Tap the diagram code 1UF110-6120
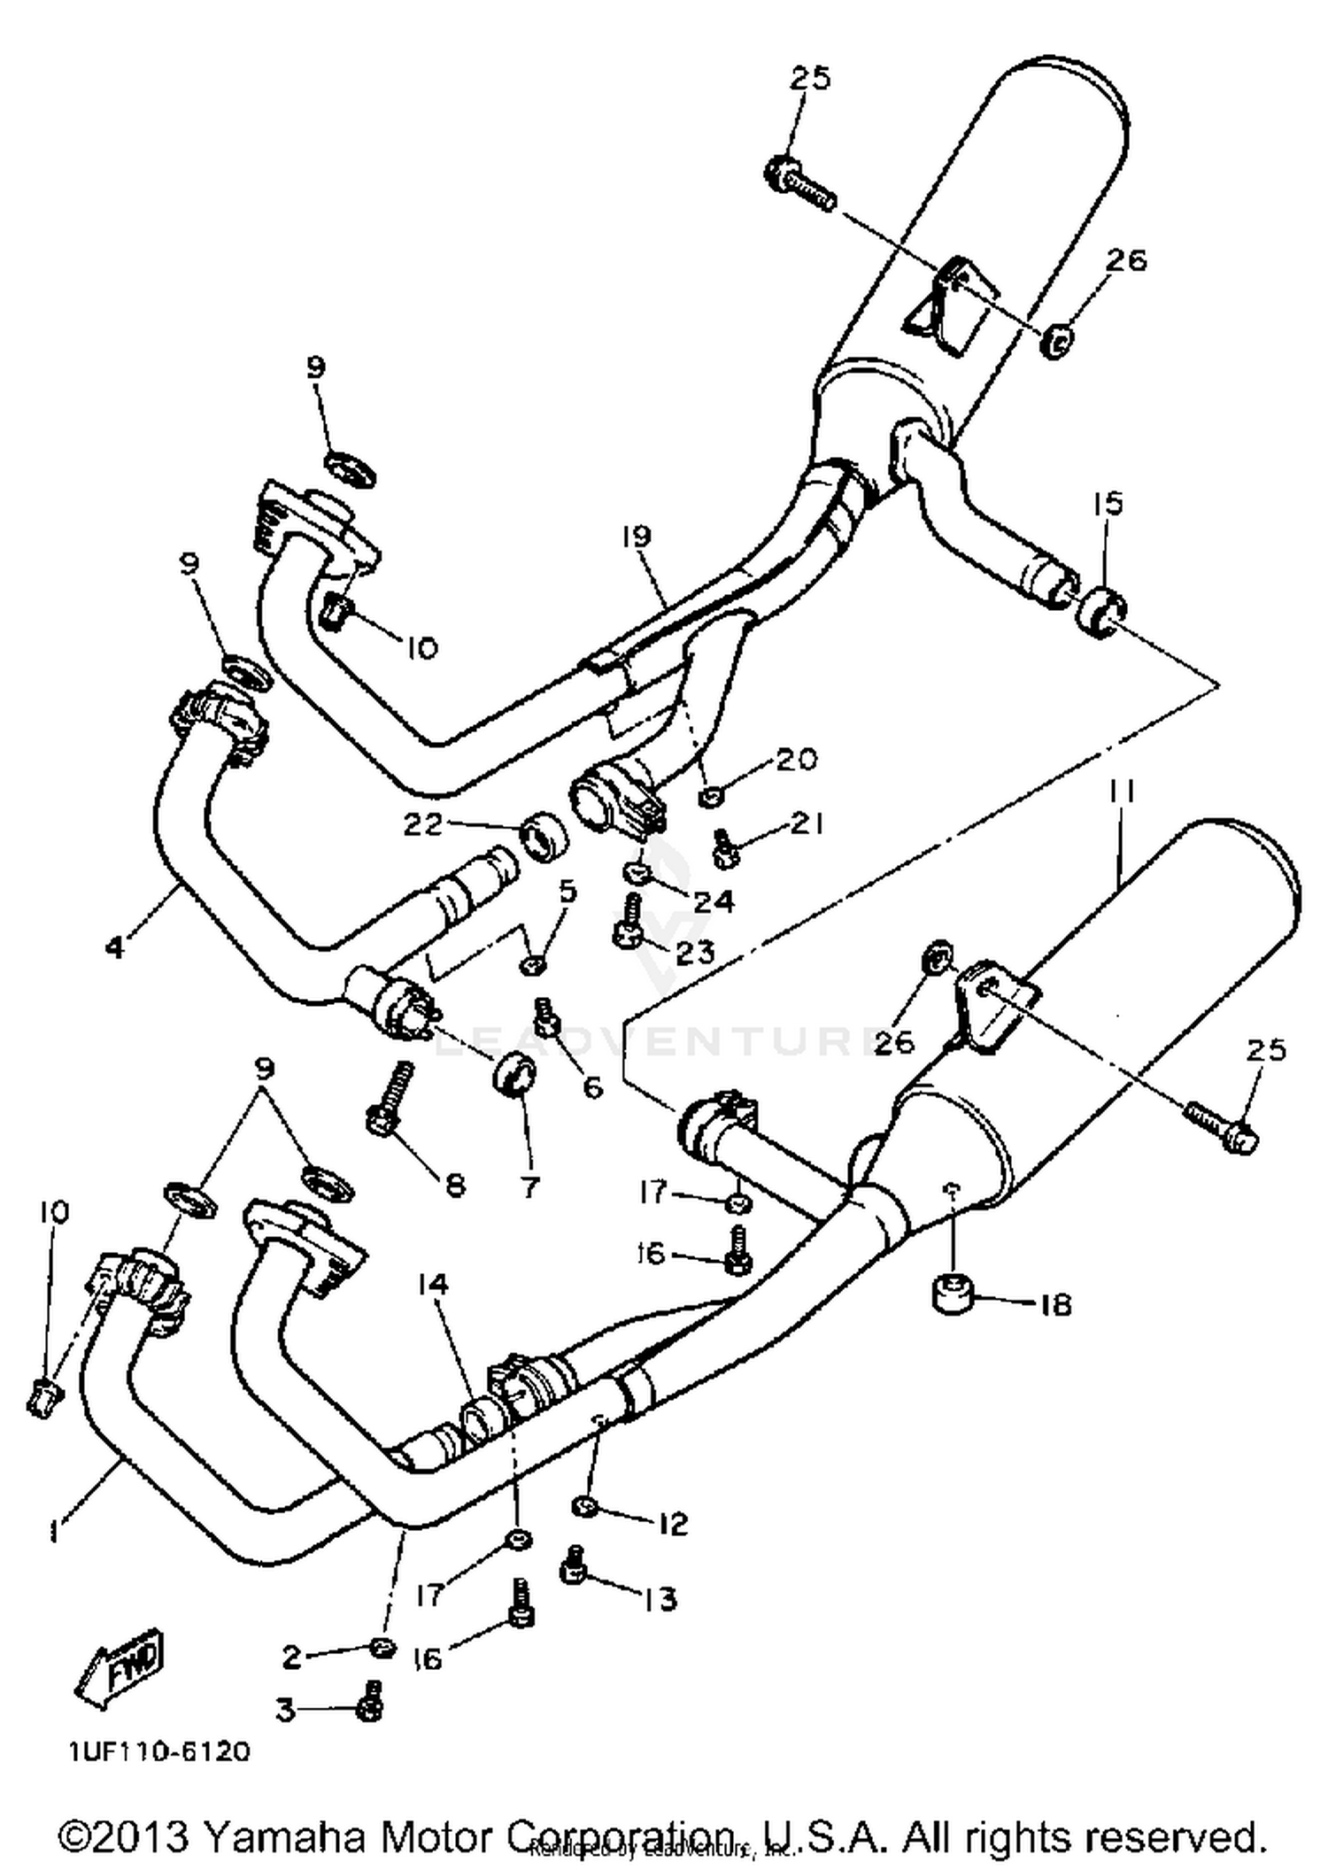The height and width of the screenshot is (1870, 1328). [x=160, y=1751]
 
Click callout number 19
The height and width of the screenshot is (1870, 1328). [x=636, y=536]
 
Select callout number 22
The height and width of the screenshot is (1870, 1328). [x=422, y=824]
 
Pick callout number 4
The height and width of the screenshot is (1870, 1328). [x=116, y=947]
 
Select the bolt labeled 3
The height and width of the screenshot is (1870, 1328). [x=371, y=1704]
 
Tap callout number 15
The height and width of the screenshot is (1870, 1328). [x=1108, y=503]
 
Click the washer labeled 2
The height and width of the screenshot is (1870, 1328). [x=382, y=1647]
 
